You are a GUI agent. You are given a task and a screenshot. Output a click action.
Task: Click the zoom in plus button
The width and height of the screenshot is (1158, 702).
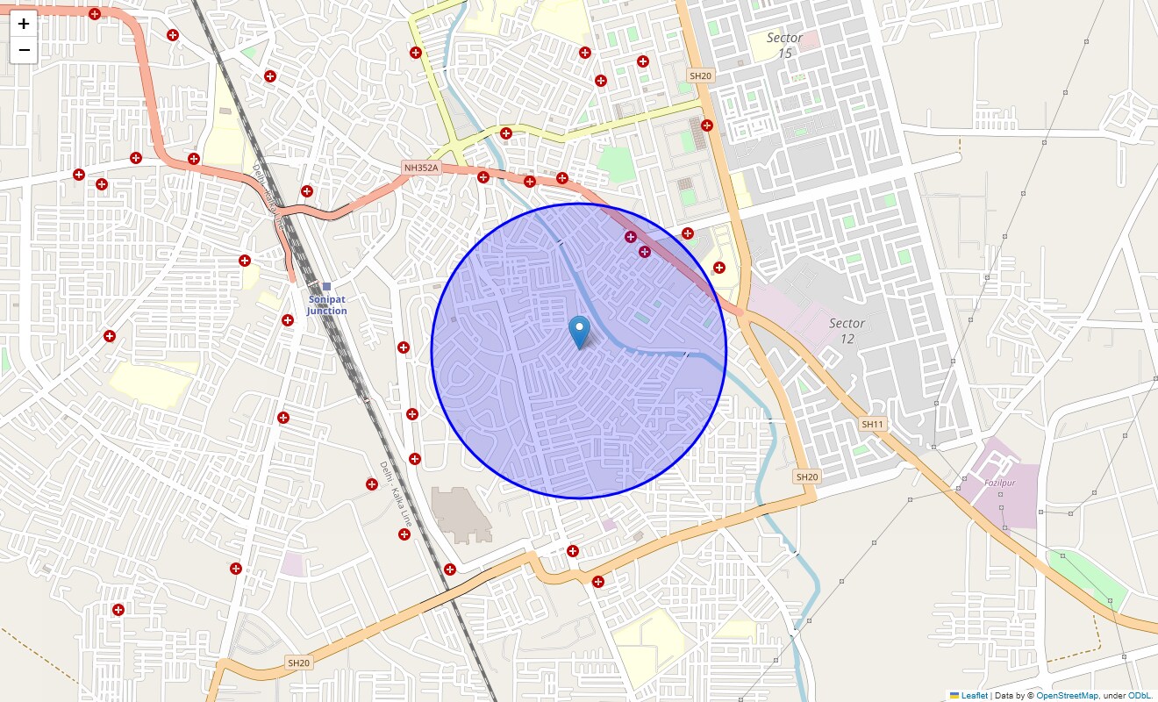point(24,24)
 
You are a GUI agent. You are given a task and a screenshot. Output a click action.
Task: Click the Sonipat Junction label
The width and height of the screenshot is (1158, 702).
point(327,305)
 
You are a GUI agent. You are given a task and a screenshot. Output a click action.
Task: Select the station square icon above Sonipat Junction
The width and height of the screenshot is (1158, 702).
point(326,286)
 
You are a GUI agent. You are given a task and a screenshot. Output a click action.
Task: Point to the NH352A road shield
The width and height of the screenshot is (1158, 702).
point(420,168)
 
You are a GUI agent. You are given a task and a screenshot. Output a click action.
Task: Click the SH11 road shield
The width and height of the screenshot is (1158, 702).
point(873,424)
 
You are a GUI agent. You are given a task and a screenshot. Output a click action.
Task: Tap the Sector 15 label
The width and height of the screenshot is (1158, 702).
point(784,46)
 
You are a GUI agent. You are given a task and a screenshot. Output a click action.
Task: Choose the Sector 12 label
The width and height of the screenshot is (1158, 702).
point(847,331)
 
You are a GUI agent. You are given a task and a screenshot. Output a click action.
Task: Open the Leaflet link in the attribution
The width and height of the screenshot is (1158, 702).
point(974,696)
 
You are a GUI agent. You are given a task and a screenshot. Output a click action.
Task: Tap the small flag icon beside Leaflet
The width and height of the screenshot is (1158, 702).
point(954,696)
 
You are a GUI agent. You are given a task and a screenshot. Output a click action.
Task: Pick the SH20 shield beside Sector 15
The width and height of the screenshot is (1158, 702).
point(701,76)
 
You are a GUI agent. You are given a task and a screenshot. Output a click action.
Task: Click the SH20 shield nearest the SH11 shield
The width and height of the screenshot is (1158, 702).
point(806,476)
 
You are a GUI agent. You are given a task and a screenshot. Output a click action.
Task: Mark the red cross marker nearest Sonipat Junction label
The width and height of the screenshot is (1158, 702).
point(288,320)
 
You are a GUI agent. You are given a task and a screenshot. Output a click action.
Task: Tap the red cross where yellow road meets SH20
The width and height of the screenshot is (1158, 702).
point(707,125)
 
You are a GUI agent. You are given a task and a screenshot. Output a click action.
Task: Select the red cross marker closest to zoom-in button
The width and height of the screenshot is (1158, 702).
point(94,14)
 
